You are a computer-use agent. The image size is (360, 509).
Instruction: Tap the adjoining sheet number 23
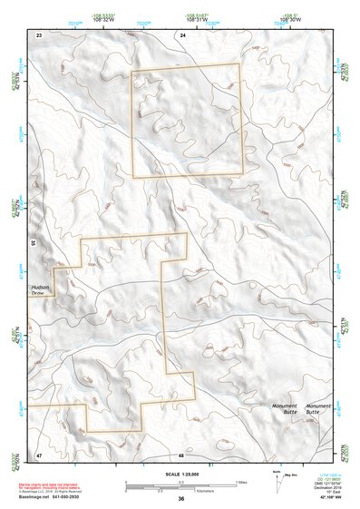(39, 34)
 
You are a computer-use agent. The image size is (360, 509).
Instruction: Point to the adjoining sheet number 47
(39, 454)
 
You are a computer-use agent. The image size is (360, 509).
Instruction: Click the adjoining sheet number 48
(181, 454)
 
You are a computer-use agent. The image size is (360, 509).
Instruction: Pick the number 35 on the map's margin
(32, 244)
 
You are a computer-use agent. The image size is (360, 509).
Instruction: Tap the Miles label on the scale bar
(240, 481)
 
